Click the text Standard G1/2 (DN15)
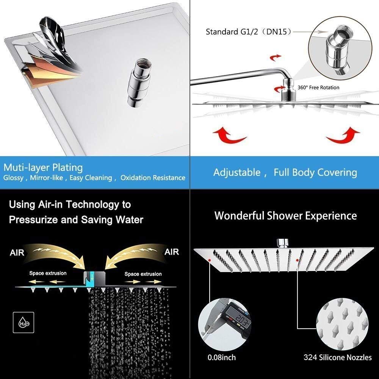click(249, 32)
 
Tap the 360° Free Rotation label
click(318, 88)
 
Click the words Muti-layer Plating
click(43, 168)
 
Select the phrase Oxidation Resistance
click(153, 178)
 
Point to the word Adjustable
click(237, 172)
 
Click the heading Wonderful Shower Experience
click(285, 216)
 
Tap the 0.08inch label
click(222, 357)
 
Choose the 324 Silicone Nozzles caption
click(338, 357)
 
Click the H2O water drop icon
click(23, 323)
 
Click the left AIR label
click(17, 253)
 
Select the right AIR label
click(172, 252)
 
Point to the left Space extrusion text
click(48, 273)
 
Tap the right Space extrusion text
click(143, 274)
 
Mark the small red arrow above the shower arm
click(276, 58)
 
